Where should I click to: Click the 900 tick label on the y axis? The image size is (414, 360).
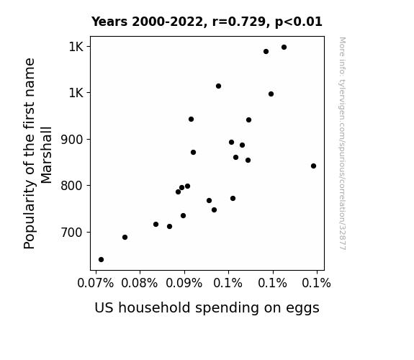pyautogui.click(x=72, y=140)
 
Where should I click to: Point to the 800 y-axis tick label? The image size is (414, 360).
pyautogui.click(x=72, y=186)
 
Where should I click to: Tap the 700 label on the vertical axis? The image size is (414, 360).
pyautogui.click(x=72, y=233)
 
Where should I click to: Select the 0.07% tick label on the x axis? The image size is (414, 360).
pyautogui.click(x=96, y=283)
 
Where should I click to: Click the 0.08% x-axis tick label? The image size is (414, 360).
pyautogui.click(x=140, y=283)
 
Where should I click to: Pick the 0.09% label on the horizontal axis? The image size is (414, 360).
pyautogui.click(x=184, y=283)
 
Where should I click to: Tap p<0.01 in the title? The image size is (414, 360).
pyautogui.click(x=299, y=22)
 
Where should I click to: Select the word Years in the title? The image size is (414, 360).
pyautogui.click(x=109, y=22)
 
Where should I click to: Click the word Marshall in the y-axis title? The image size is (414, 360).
pyautogui.click(x=47, y=155)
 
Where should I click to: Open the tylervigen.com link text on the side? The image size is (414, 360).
pyautogui.click(x=342, y=143)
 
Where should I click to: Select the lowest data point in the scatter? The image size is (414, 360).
pyautogui.click(x=101, y=260)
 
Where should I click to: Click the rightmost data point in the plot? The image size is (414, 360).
pyautogui.click(x=313, y=166)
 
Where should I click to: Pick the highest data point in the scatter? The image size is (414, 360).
pyautogui.click(x=284, y=48)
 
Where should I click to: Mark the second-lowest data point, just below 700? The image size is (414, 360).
pyautogui.click(x=125, y=238)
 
